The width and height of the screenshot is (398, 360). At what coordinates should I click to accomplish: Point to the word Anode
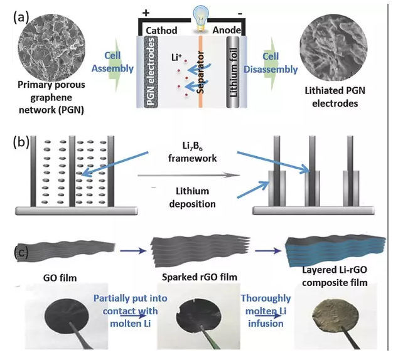tap(232, 30)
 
